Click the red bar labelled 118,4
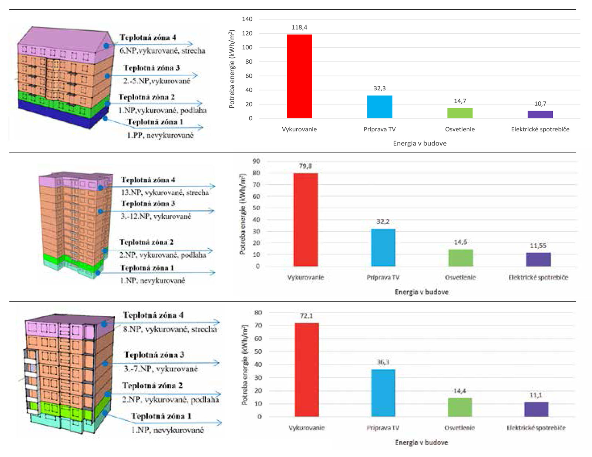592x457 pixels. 299,76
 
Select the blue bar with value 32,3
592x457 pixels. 379,107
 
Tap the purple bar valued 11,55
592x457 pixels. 538,259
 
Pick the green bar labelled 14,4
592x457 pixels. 460,407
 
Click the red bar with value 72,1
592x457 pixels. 306,370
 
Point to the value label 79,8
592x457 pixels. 305,166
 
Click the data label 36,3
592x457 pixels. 383,362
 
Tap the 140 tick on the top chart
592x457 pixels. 247,19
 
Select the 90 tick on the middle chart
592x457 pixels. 256,161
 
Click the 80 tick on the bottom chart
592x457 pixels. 258,313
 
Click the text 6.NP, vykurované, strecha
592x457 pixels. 162,51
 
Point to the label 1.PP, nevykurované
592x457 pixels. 160,135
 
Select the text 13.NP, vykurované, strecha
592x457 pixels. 165,192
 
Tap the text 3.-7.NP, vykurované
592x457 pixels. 161,369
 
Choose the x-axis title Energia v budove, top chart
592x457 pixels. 420,144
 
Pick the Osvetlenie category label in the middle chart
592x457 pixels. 460,278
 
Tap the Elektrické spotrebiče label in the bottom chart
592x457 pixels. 536,428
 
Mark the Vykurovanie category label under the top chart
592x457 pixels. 299,129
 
